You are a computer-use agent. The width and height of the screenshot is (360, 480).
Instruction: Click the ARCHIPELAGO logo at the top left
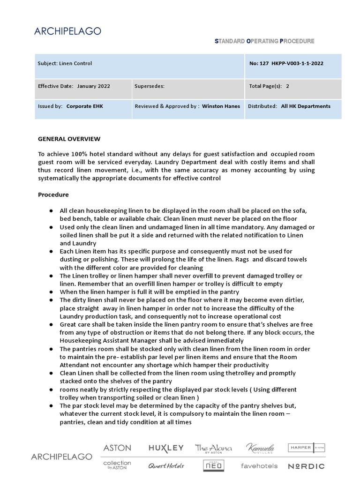(68, 31)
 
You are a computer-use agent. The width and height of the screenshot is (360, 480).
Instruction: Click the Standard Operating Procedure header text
(264, 41)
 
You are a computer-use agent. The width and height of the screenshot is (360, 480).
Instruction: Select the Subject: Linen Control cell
(65, 63)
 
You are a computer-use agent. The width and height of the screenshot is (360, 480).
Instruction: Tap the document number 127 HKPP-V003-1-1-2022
(286, 63)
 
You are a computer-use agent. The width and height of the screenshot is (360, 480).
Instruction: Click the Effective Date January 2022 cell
(74, 86)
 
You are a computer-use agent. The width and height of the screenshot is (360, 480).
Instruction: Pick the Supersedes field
(150, 86)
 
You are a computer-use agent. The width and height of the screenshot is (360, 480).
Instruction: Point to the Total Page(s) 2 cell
(269, 86)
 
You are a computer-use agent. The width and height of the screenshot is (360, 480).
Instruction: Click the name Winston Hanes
(221, 106)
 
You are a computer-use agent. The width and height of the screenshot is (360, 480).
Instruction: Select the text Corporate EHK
(84, 106)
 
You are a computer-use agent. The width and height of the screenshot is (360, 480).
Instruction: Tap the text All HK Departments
(306, 106)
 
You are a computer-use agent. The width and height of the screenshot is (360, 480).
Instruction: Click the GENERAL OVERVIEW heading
(69, 139)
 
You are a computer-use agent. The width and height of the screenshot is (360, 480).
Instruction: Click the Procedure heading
(53, 195)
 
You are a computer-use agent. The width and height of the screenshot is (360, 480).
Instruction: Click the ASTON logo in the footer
(117, 448)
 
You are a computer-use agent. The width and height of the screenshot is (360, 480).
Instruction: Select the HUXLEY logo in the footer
(166, 448)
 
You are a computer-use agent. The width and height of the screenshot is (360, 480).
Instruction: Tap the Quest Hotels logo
(166, 466)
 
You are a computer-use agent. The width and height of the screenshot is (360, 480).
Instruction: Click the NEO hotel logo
(213, 465)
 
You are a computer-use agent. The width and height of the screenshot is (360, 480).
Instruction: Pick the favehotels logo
(259, 466)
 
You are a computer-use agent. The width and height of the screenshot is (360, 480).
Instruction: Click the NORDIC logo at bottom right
(306, 466)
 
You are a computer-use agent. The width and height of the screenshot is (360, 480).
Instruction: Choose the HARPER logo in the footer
(306, 448)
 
